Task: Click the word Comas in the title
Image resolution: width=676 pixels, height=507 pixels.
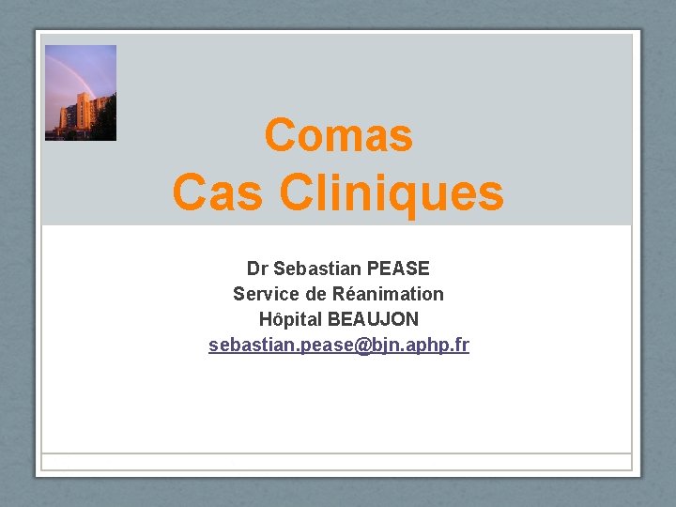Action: [338, 135]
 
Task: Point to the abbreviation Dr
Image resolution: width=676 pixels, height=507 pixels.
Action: [256, 269]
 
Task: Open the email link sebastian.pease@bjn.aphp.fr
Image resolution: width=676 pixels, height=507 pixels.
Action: [338, 346]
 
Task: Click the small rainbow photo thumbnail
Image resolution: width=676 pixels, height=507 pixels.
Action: [81, 93]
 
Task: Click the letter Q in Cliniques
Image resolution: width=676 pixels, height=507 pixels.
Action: [386, 197]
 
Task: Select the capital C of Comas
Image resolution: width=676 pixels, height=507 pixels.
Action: [279, 135]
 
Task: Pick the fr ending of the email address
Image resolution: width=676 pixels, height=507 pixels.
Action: [461, 346]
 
